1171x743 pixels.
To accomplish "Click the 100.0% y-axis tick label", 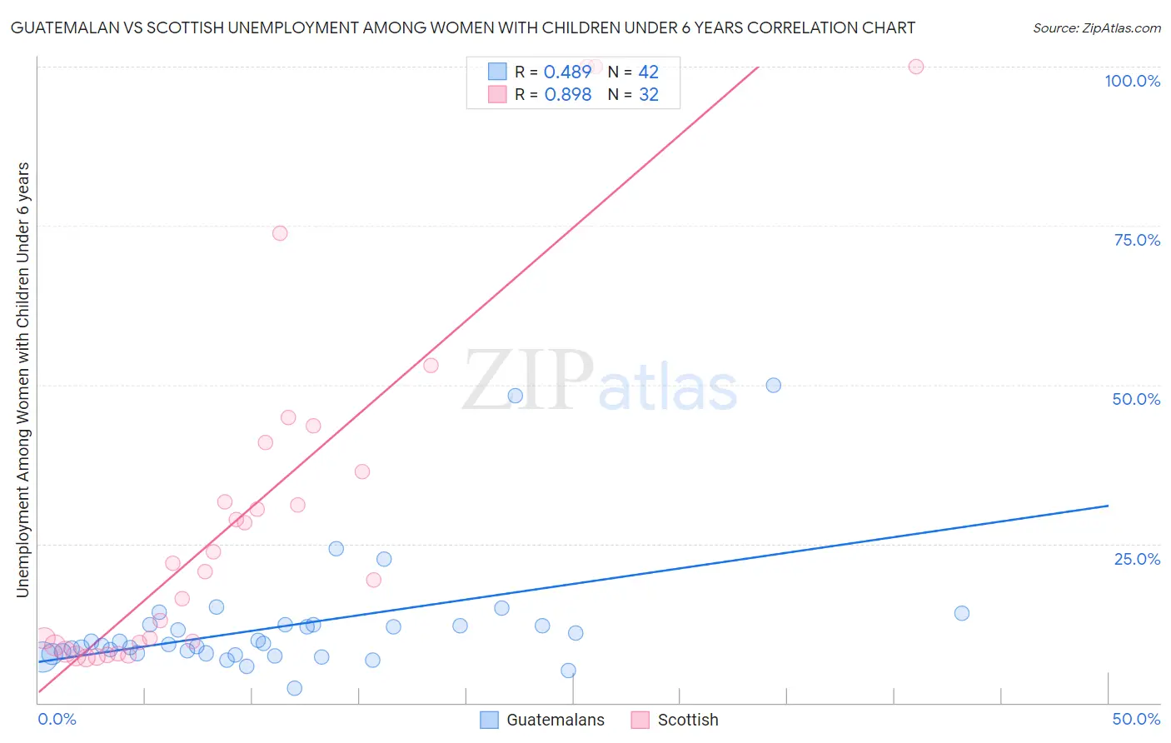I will point(1132,81).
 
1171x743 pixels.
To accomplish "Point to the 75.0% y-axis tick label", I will point(1137,240).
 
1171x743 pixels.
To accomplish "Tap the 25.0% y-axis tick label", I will point(1137,559).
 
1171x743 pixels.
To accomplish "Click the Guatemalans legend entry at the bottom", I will point(543,721).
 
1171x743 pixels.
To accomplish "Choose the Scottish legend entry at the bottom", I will point(675,721).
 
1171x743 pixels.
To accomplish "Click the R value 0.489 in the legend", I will point(567,72).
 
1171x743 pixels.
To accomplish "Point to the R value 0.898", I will point(567,95).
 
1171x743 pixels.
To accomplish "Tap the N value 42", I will point(648,72).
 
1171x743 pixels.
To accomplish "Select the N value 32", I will point(648,95).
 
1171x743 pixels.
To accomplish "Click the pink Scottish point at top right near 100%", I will point(916,67).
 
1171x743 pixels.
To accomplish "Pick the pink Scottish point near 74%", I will point(280,233).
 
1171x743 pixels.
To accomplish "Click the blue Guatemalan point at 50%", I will point(774,385).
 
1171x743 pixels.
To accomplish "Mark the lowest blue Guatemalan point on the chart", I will point(294,688).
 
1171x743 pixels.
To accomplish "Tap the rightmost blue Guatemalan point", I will point(962,613).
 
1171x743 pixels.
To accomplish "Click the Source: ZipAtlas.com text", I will point(1096,28).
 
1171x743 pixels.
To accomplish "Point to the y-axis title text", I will point(22,380).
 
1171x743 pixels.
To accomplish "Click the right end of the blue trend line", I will point(1108,506).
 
